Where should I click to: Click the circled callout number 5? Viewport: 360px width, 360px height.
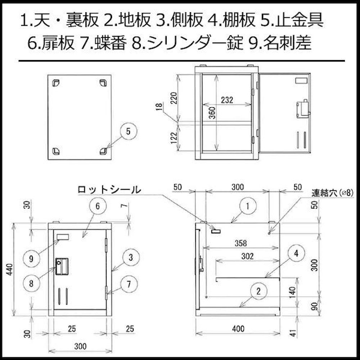click(129, 131)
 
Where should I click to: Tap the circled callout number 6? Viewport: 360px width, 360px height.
click(98, 206)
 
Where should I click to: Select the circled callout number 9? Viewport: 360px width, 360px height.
click(32, 259)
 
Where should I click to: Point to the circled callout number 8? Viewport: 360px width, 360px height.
click(32, 283)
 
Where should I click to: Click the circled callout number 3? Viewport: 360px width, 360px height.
click(131, 257)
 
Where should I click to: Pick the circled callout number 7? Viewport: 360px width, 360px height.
click(129, 284)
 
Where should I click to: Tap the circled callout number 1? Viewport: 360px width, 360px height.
click(248, 206)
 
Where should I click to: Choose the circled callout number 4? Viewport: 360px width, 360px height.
click(296, 253)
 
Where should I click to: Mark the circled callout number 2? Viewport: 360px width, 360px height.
click(259, 291)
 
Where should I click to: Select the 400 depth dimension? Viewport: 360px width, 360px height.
click(238, 329)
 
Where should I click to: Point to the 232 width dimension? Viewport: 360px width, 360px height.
click(227, 100)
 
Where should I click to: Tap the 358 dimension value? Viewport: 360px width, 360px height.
click(240, 243)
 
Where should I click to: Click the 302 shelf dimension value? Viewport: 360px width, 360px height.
click(247, 256)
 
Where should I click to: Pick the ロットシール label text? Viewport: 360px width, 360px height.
click(109, 190)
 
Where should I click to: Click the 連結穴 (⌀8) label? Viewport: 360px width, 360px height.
click(332, 193)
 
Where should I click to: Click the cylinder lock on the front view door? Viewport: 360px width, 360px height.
click(62, 266)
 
